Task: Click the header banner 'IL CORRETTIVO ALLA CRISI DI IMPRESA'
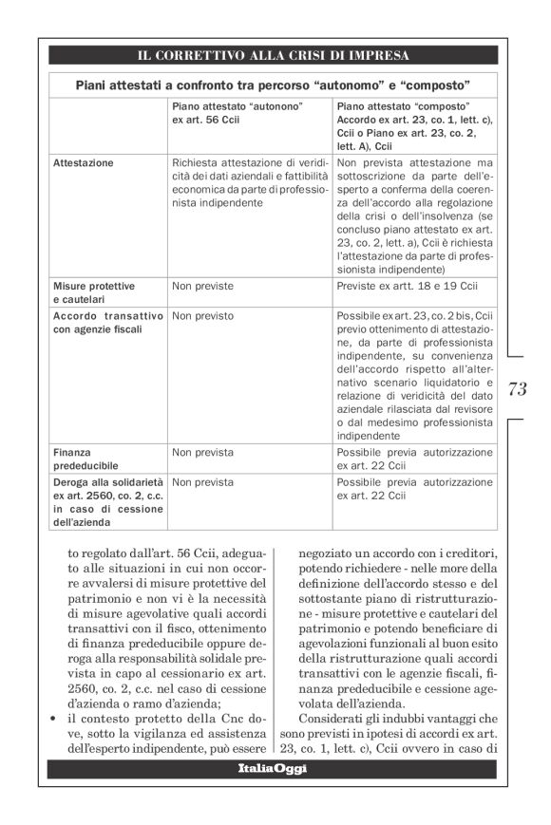coord(275,55)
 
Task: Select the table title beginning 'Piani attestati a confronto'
coord(275,84)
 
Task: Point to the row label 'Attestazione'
coord(84,162)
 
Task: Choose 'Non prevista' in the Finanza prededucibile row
coord(202,453)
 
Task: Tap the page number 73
coord(518,388)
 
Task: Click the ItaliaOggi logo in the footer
coord(274,767)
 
